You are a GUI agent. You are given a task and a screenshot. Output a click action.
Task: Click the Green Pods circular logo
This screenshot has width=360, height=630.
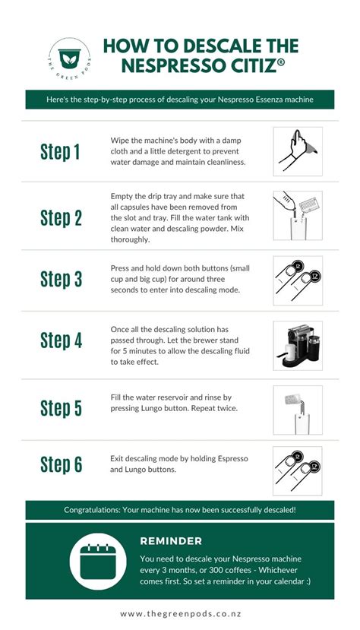click(x=70, y=59)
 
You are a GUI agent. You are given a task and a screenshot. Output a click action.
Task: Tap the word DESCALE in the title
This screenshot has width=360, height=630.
click(x=219, y=46)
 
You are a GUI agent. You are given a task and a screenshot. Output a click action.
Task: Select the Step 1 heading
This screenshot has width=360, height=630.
click(x=60, y=152)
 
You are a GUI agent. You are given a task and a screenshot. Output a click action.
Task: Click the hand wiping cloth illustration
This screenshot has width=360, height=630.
click(x=298, y=151)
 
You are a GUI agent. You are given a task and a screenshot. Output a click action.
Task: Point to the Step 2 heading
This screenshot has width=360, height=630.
click(x=61, y=218)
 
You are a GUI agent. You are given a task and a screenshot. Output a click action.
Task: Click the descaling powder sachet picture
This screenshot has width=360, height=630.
click(x=298, y=216)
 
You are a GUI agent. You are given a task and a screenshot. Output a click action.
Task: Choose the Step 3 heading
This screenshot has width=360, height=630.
click(x=61, y=279)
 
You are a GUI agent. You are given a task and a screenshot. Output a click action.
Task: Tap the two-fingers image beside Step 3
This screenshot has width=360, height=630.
click(x=298, y=280)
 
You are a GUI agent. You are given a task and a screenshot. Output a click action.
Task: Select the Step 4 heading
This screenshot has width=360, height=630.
click(x=61, y=340)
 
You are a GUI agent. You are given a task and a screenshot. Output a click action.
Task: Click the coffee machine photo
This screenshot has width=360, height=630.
click(x=298, y=346)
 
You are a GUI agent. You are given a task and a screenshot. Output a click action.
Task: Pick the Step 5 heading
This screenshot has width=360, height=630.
click(x=61, y=408)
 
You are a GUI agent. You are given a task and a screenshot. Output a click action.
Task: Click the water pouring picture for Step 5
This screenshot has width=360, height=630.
click(x=298, y=410)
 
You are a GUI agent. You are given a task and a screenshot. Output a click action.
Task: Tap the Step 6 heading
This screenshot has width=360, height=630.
click(x=61, y=464)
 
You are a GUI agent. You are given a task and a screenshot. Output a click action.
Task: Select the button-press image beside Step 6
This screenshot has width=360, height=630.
click(x=298, y=471)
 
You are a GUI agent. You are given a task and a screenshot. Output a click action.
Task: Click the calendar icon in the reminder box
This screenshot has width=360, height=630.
click(x=98, y=562)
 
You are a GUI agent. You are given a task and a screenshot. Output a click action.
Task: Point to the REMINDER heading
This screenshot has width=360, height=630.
click(x=171, y=541)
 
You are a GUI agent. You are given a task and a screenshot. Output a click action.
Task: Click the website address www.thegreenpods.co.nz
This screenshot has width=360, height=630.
click(x=180, y=614)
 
